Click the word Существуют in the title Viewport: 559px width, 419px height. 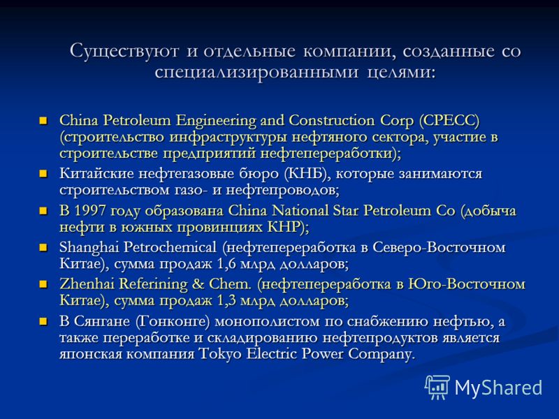(x=124, y=51)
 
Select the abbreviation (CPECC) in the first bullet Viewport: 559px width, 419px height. (x=449, y=120)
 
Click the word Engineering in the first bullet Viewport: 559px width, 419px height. (x=216, y=121)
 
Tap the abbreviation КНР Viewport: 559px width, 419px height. (x=283, y=227)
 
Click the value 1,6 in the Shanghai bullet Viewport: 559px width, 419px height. (x=226, y=264)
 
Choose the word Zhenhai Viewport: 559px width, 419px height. (x=87, y=284)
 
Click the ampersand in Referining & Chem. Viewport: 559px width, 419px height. (x=198, y=284)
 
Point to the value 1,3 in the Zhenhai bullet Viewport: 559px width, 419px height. (x=226, y=301)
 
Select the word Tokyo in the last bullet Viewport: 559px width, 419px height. (x=219, y=354)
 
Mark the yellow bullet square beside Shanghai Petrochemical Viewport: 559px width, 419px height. (x=43, y=247)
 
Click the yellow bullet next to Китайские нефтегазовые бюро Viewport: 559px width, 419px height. (x=43, y=173)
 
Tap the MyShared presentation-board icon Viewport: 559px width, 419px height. (x=437, y=387)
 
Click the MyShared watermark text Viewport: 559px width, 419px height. (x=498, y=388)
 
